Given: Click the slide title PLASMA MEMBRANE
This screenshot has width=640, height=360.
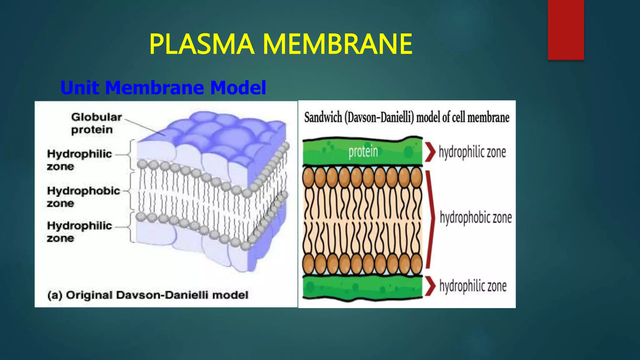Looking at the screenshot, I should (x=281, y=44).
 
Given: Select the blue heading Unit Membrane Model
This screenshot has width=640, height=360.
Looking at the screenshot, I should (x=163, y=87).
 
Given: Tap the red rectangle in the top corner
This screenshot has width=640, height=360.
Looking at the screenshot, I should (x=566, y=29).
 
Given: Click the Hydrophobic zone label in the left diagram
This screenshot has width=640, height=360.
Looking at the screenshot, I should (x=83, y=197).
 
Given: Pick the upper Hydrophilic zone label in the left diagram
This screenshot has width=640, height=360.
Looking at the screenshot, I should (x=79, y=160).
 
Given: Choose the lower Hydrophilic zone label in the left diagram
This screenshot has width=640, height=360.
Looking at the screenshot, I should (x=79, y=232).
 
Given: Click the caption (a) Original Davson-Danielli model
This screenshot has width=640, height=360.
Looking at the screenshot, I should (x=148, y=295).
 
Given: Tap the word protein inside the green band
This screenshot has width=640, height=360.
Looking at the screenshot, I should (x=363, y=152).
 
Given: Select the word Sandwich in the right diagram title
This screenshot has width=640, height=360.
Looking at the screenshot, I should (x=323, y=118).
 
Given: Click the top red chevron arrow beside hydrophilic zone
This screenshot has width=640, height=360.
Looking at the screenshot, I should (x=430, y=152).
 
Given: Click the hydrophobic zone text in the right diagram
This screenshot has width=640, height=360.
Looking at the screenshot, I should (x=476, y=217).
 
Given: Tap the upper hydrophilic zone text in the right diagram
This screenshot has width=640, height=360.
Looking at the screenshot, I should (x=472, y=152).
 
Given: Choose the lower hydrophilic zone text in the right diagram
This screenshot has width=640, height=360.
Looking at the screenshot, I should (x=473, y=286).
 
